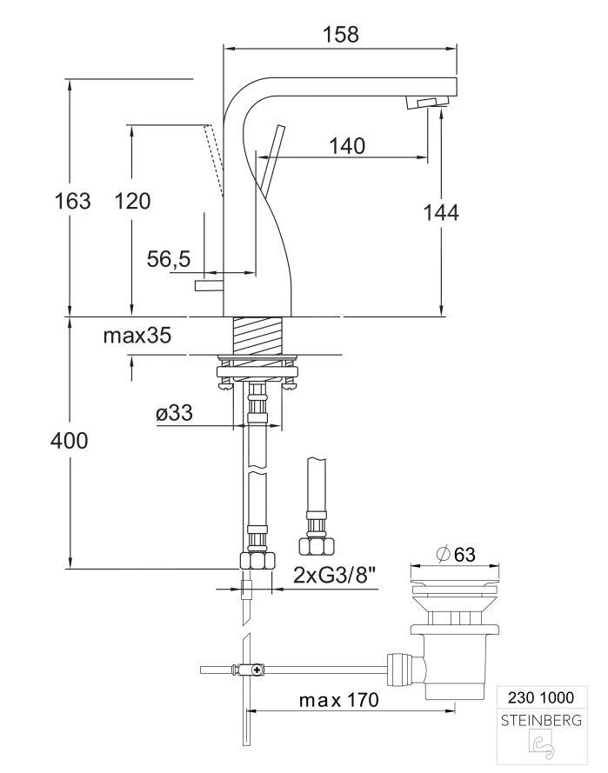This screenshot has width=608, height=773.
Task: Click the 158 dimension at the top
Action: (340, 34)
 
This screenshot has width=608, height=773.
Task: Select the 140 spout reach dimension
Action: (347, 145)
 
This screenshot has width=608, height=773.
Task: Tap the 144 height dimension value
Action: (440, 210)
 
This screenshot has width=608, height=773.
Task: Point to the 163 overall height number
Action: (72, 201)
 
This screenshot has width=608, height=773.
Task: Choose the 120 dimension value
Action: (132, 201)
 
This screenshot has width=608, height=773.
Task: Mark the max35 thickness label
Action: (138, 336)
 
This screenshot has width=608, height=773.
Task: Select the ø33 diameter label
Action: (174, 416)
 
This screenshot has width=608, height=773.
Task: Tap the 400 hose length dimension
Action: (70, 441)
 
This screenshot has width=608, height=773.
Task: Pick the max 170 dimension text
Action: (338, 700)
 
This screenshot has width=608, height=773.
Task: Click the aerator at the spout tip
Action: (426, 103)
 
